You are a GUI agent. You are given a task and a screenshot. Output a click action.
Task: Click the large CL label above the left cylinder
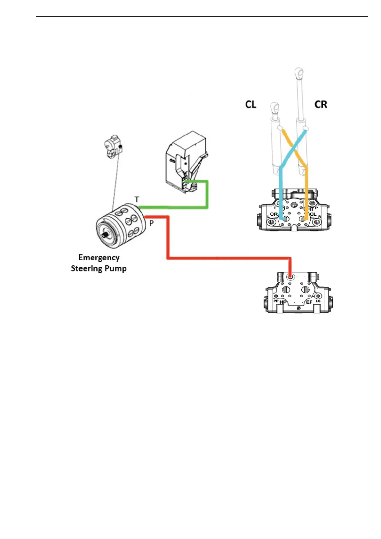tap(250, 104)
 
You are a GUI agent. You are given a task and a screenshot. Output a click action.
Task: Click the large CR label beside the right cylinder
tap(321, 104)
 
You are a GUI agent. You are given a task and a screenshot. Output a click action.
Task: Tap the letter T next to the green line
tap(137, 199)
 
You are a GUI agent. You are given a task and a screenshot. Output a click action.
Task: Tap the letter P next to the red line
tap(152, 223)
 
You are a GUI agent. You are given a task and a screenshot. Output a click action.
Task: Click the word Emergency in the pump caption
tap(99, 258)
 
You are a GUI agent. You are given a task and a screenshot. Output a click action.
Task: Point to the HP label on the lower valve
tap(283, 302)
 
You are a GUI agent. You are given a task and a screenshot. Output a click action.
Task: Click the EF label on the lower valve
tap(309, 302)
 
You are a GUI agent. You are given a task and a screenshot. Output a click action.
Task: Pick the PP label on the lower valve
tap(276, 301)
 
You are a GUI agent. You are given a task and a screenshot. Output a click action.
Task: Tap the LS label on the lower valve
tap(318, 301)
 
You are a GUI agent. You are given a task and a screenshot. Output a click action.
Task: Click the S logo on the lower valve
tap(298, 308)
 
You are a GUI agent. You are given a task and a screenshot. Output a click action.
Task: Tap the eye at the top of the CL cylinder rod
tap(274, 107)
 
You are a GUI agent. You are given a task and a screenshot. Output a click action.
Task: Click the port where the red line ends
tap(290, 276)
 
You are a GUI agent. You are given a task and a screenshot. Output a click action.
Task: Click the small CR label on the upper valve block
tap(274, 214)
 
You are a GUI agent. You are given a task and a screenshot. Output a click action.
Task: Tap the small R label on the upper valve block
tap(319, 217)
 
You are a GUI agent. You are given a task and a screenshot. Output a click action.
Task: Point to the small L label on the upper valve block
tap(268, 217)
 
